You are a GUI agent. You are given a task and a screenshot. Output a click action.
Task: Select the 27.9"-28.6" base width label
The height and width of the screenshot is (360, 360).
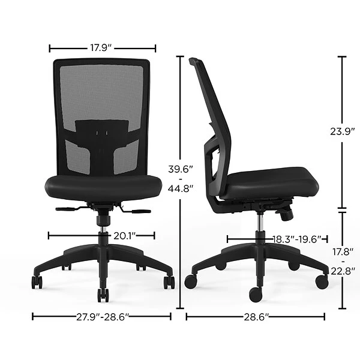(x=102, y=317)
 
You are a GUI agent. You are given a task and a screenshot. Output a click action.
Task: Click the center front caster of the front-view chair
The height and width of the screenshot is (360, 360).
(x=103, y=295)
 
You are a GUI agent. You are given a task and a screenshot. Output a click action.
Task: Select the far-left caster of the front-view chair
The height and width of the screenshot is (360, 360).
(x=37, y=281)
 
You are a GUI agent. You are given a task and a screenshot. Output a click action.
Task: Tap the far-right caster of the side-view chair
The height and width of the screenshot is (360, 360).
(x=322, y=280)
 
